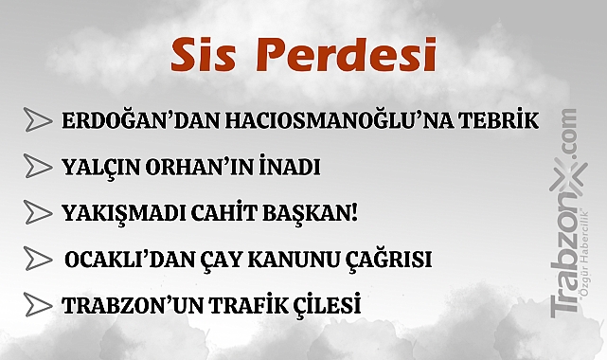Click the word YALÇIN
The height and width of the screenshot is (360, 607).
(x=98, y=168)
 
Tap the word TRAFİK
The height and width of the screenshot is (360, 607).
(x=237, y=306)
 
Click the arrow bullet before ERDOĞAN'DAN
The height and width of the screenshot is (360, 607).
(x=37, y=121)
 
